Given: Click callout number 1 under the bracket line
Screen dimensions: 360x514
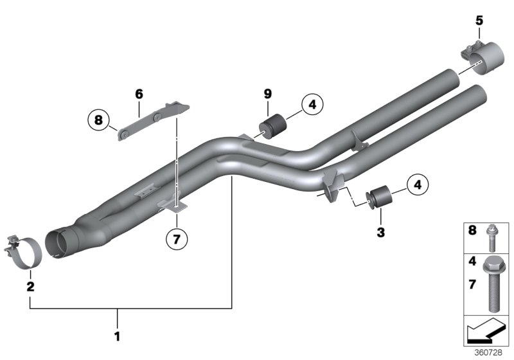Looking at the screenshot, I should (118, 335).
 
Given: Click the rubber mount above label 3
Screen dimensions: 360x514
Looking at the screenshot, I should (378, 196).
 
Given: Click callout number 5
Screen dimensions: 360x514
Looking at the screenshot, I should (479, 21).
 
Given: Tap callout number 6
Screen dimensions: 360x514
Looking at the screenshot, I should (138, 94).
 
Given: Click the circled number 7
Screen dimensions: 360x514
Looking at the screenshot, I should (177, 239).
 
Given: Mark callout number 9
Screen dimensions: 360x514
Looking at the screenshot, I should (268, 94).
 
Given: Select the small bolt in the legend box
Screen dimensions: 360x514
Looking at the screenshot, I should (492, 235).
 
